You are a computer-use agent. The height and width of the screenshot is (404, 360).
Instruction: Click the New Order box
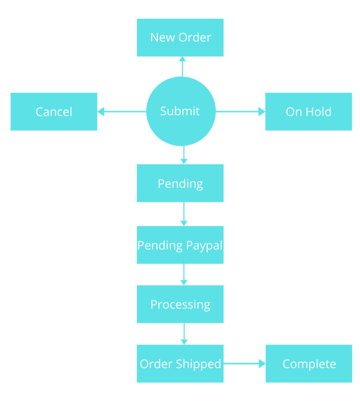point(180,37)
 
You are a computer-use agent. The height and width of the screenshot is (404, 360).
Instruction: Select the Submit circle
point(180,112)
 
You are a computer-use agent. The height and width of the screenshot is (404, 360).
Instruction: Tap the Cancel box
point(54,112)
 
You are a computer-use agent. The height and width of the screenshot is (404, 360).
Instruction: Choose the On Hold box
point(308,112)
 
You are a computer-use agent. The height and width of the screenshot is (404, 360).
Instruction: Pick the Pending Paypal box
point(180,245)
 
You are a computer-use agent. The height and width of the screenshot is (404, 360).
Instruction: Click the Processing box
point(180,304)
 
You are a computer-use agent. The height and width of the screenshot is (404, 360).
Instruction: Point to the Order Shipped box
point(180,364)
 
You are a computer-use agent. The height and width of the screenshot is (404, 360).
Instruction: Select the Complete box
point(309,364)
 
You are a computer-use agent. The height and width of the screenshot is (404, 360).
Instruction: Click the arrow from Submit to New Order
point(182,67)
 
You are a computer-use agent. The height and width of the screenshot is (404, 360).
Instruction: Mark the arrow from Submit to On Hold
point(240,112)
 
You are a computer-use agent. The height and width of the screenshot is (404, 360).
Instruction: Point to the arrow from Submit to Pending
point(184,155)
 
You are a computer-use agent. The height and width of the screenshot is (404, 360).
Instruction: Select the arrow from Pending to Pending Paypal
point(184,214)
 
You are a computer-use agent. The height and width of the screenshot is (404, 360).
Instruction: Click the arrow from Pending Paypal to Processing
point(184,274)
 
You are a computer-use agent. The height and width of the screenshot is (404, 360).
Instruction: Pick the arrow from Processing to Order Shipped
point(184,334)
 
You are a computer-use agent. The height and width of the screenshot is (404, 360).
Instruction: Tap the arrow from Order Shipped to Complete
point(244,364)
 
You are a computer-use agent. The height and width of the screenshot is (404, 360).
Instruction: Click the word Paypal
point(204,245)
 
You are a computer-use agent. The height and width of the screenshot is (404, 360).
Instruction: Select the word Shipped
point(200,364)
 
